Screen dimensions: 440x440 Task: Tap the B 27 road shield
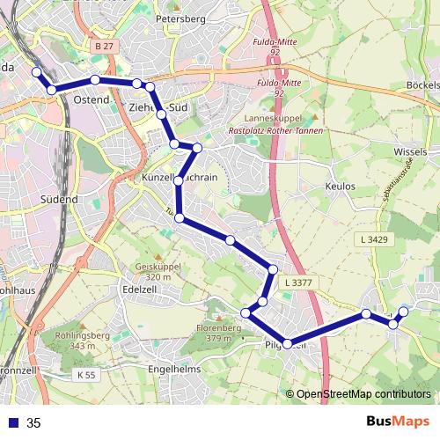(x=104, y=46)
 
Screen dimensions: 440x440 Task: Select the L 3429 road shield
(x=374, y=239)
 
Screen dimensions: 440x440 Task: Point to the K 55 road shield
(x=84, y=375)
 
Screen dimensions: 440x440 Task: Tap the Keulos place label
(x=340, y=187)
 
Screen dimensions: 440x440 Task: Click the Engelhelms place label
(x=175, y=369)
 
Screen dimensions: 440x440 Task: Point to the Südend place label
(x=60, y=200)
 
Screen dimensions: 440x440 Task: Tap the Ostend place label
(x=92, y=99)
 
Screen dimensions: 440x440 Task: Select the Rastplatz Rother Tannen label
(x=275, y=131)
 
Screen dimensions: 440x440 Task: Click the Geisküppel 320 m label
(x=153, y=271)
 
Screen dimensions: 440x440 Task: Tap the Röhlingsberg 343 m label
(x=81, y=341)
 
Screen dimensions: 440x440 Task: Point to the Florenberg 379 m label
(x=224, y=333)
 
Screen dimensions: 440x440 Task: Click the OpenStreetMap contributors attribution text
(x=363, y=395)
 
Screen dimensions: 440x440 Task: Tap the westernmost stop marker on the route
(x=36, y=72)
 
